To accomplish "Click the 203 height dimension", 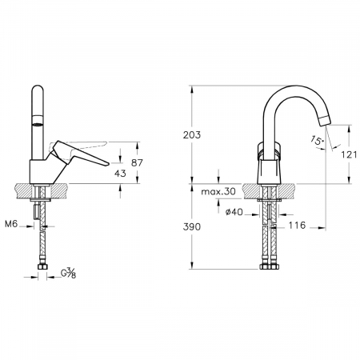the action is point(192,135).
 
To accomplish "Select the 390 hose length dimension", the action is point(192,227).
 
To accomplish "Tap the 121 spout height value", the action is point(349,154).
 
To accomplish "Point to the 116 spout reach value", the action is point(297,226).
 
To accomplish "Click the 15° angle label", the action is point(318,140).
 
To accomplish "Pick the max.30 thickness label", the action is point(218,191).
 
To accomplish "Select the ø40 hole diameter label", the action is point(234,212).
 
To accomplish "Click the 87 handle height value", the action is point(137,162).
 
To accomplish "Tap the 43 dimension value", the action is point(120,174).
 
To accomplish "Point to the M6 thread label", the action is point(11,224).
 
